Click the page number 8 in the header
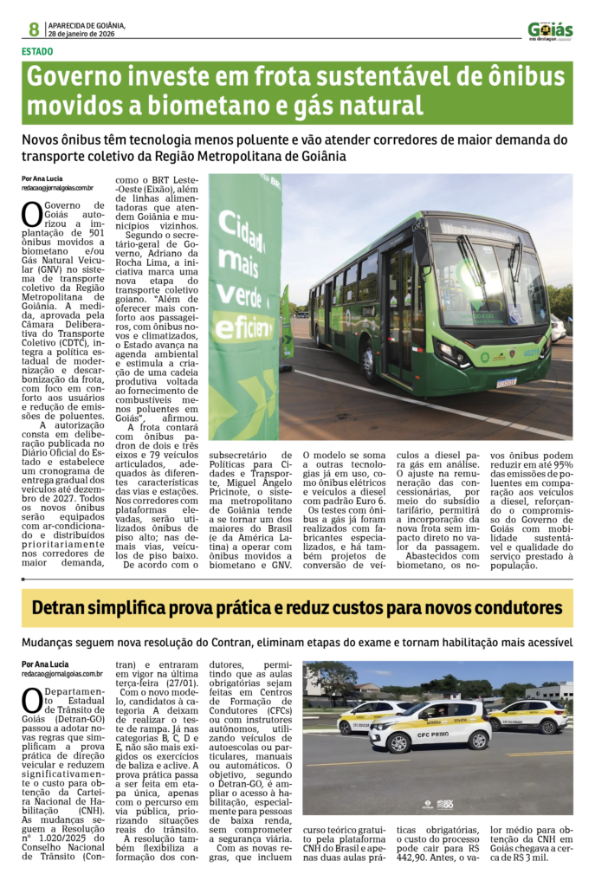tap(33, 29)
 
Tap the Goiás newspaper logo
tap(550, 31)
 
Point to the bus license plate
tap(506, 382)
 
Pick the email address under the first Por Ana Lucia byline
tap(57, 187)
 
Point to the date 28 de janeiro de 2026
tap(87, 34)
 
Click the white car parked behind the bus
tap(581, 329)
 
